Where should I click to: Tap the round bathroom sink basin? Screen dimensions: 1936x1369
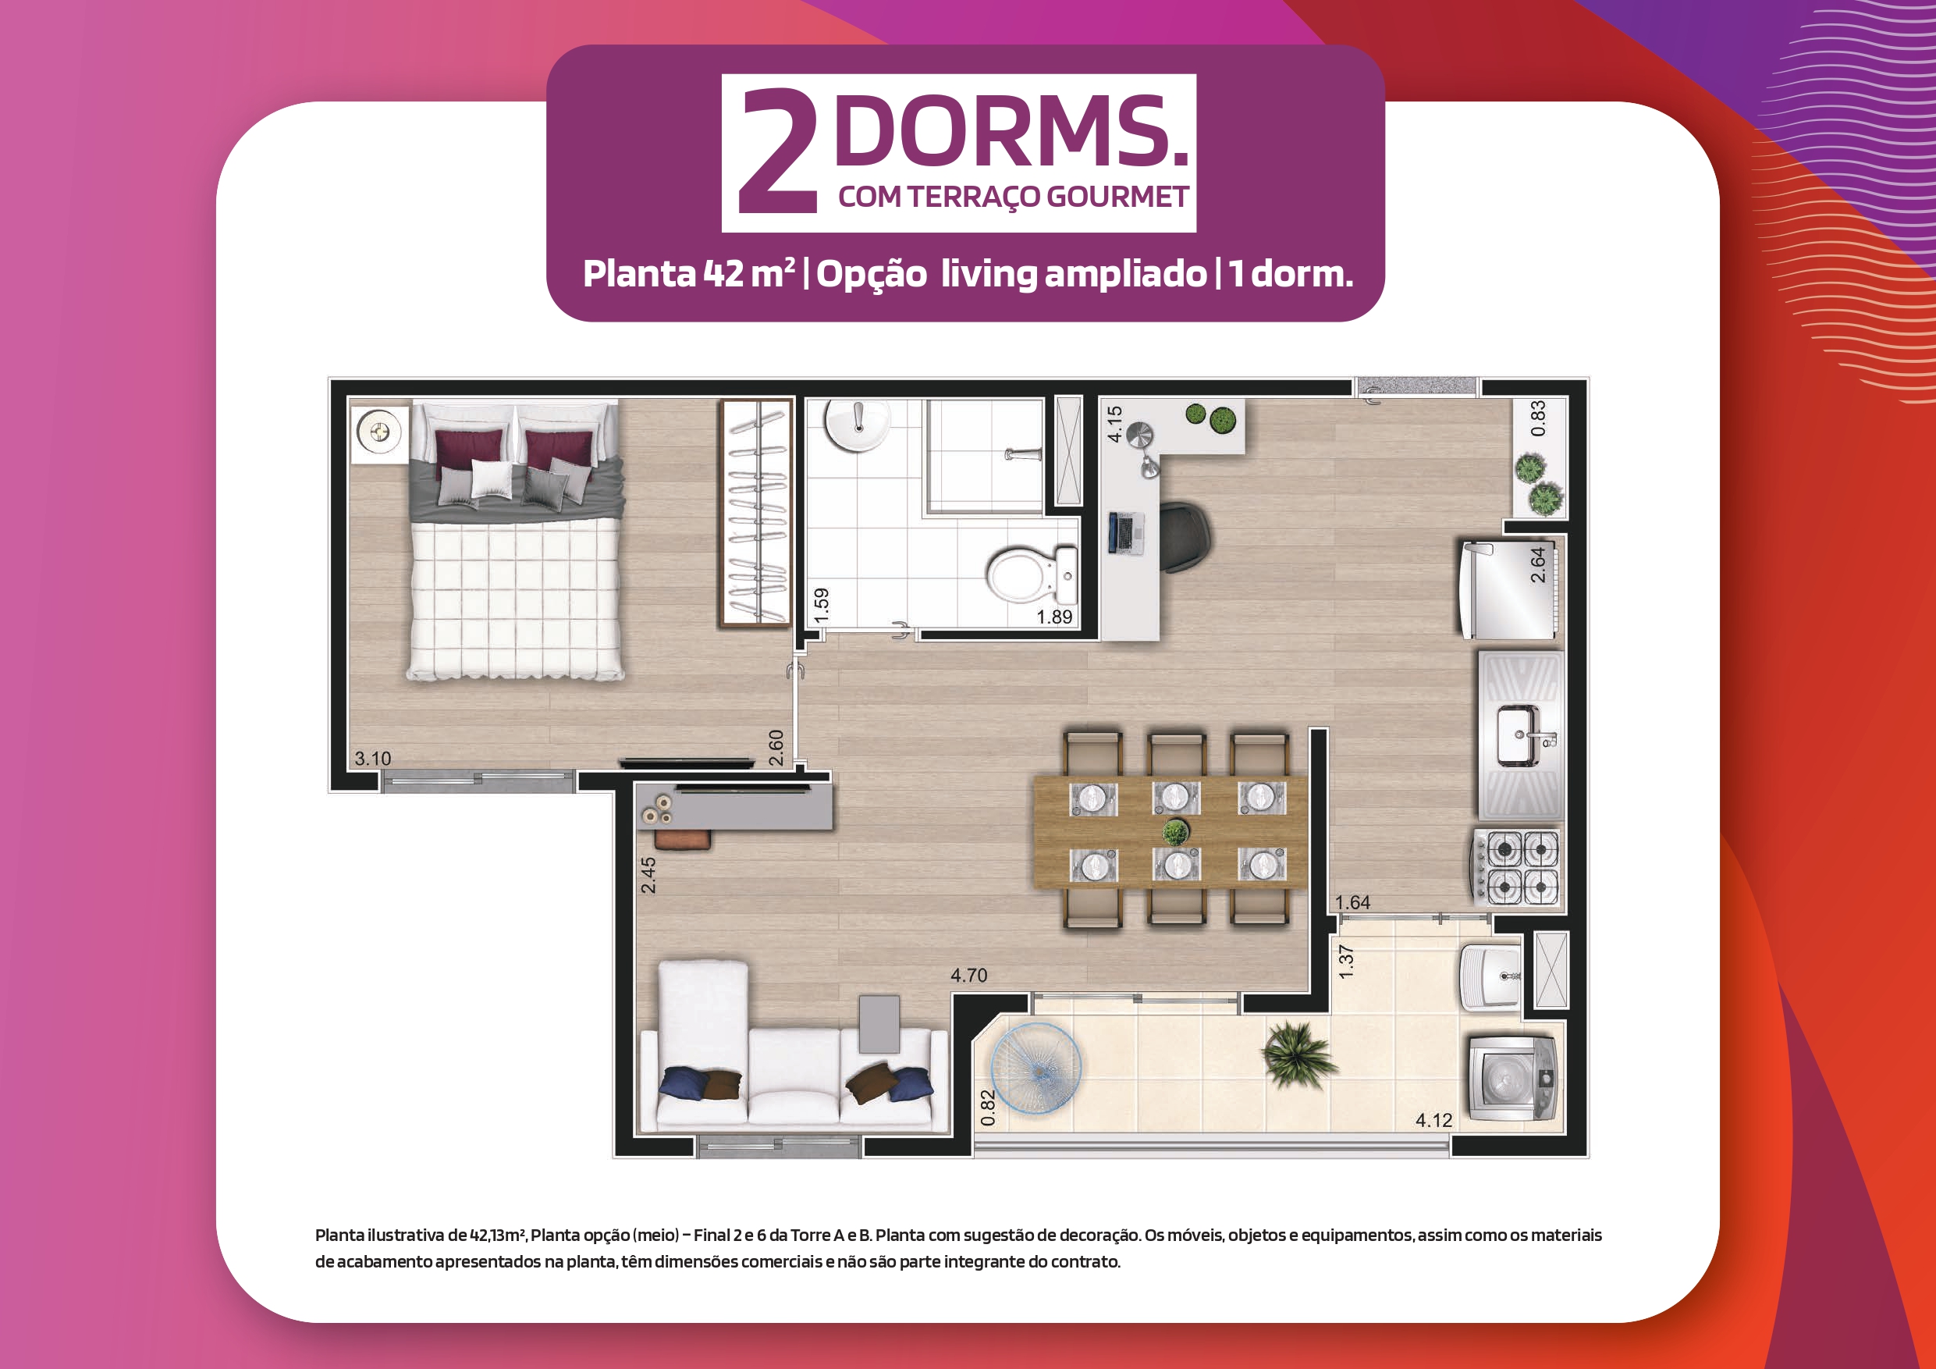click(857, 426)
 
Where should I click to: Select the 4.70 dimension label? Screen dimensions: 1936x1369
click(969, 975)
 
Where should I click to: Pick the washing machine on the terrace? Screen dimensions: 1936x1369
click(1512, 1078)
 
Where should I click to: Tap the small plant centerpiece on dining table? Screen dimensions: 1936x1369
click(1175, 832)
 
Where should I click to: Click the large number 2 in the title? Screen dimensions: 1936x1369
click(777, 152)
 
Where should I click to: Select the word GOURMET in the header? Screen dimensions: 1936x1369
click(1117, 197)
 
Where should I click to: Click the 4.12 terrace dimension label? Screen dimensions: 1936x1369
click(1433, 1120)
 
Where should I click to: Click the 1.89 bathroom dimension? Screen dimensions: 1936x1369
click(1054, 617)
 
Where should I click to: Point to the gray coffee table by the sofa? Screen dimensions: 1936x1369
click(879, 1024)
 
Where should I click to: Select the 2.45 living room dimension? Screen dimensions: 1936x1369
click(648, 876)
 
